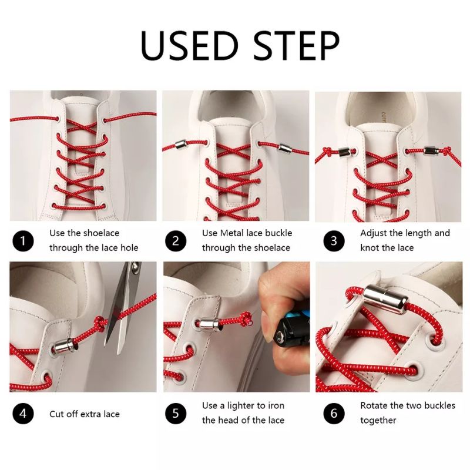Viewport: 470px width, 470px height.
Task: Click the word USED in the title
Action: (x=189, y=45)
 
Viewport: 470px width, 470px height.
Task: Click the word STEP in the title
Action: (x=297, y=45)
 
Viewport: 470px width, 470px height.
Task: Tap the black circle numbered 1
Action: (x=23, y=241)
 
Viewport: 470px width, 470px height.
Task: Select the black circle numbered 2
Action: (x=176, y=241)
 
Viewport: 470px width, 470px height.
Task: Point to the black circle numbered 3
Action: (x=334, y=241)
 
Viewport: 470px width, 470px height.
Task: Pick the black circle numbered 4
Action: (x=23, y=414)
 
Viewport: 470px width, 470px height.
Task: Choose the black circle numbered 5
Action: (x=176, y=414)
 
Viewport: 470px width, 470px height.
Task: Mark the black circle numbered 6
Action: (x=334, y=414)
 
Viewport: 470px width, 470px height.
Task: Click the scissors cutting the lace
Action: (x=123, y=305)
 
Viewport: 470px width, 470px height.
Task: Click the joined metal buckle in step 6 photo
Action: (x=385, y=300)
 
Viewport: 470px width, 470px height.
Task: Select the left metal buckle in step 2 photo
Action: (x=182, y=145)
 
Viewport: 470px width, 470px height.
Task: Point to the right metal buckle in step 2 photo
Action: (x=285, y=148)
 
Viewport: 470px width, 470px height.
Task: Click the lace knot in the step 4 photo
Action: (x=100, y=324)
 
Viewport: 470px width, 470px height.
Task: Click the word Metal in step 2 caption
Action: (x=232, y=233)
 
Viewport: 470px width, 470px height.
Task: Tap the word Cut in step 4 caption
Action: (x=56, y=414)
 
